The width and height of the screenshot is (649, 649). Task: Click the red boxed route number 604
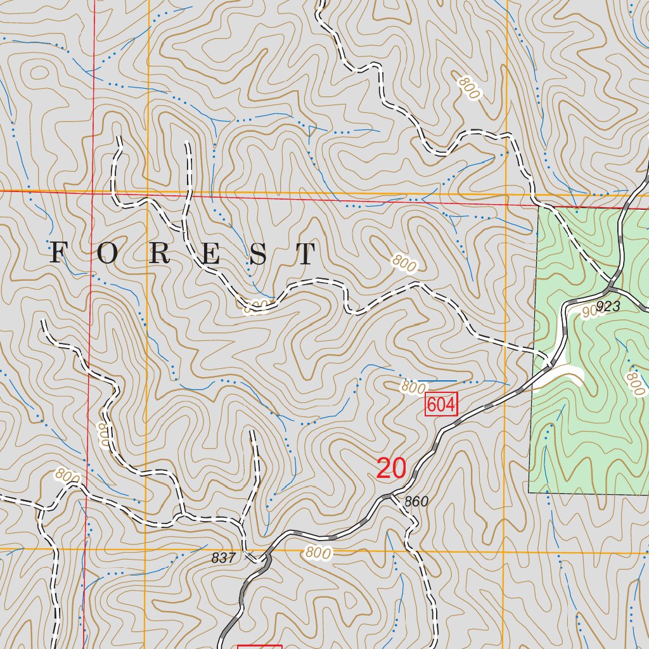click(x=441, y=404)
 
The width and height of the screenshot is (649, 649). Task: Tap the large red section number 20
click(x=391, y=468)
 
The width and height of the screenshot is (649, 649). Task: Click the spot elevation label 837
click(x=223, y=558)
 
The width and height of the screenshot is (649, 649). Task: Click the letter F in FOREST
click(x=58, y=254)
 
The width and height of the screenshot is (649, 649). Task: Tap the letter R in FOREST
click(x=160, y=254)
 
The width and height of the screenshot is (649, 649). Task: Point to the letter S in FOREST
click(x=258, y=254)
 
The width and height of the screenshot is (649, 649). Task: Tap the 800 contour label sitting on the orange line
click(x=317, y=553)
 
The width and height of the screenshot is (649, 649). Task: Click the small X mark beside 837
click(x=249, y=557)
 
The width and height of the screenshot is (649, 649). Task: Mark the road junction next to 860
click(x=397, y=495)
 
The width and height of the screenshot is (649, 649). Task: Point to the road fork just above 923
click(x=614, y=279)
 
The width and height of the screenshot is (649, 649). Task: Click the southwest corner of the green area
click(x=529, y=492)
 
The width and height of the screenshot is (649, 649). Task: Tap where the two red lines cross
click(x=93, y=191)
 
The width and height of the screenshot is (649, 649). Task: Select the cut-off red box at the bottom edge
click(x=259, y=646)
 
